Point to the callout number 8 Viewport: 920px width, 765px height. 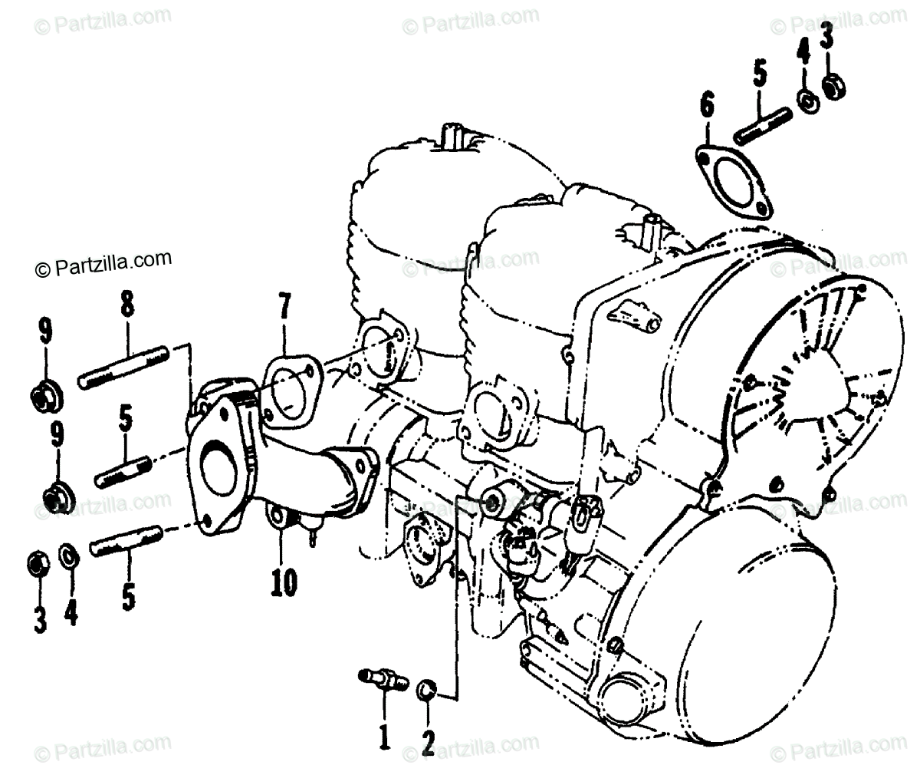point(126,306)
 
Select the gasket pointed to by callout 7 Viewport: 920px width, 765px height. point(289,384)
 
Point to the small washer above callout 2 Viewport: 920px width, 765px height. point(426,689)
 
